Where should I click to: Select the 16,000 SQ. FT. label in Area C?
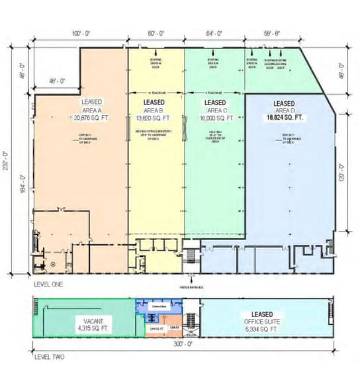[x=216, y=119]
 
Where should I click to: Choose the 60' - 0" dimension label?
[x=157, y=32]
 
